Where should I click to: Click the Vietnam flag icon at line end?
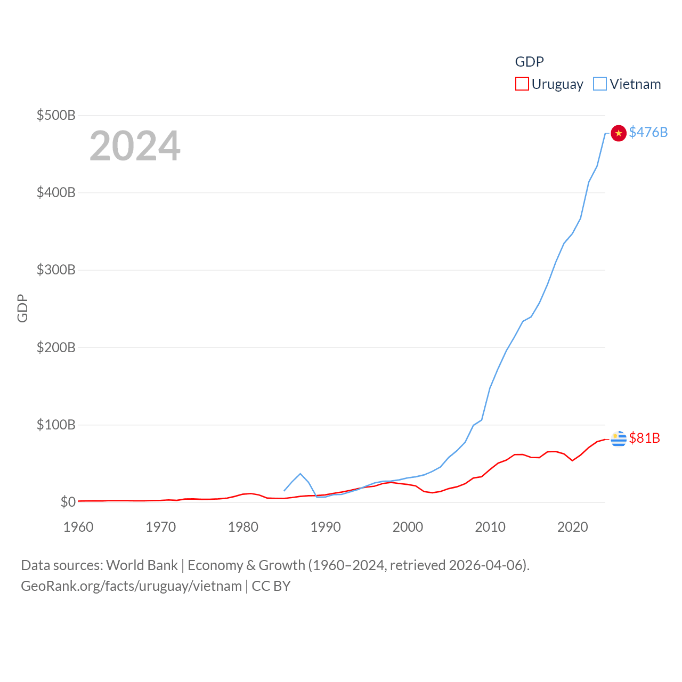click(618, 133)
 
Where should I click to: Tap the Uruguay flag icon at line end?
click(618, 439)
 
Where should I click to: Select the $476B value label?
click(648, 132)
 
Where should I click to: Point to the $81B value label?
click(644, 438)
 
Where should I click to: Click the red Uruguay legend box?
click(522, 84)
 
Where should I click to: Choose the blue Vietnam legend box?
click(599, 84)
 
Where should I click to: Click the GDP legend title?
click(529, 62)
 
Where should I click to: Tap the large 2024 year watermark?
click(135, 146)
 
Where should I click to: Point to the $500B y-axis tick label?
click(56, 115)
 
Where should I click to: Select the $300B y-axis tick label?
click(56, 270)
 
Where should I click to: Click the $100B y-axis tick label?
click(56, 425)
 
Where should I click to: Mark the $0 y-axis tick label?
click(68, 502)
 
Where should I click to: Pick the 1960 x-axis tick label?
click(78, 527)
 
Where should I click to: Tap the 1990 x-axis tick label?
click(326, 527)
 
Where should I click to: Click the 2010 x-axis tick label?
click(490, 527)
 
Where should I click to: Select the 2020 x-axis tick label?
click(572, 527)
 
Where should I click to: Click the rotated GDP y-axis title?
click(22, 308)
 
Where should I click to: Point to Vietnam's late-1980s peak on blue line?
click(301, 474)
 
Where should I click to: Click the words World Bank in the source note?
click(142, 565)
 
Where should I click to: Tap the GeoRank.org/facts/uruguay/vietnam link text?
click(131, 586)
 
